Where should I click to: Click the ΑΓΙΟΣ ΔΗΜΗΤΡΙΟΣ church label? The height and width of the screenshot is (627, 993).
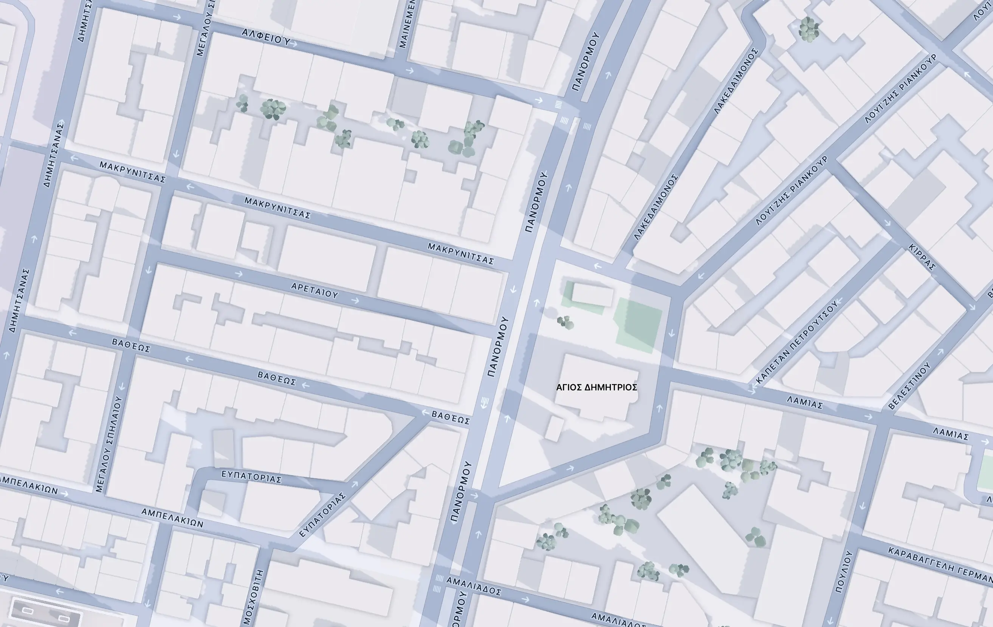pos(596,387)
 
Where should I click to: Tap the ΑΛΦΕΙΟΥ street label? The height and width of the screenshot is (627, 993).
pos(266,37)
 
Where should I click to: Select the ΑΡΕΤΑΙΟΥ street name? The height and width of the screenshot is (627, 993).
pos(314,291)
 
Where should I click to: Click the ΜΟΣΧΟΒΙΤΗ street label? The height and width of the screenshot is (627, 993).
pos(253,596)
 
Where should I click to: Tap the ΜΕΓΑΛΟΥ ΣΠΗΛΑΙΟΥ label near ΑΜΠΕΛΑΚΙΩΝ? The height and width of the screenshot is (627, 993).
pos(108,444)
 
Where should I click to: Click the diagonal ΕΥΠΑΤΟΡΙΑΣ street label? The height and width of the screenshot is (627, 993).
pos(322,515)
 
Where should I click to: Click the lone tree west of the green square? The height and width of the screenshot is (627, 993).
pos(565,322)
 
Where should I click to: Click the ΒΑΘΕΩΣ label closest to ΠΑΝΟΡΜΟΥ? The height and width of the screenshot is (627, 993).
pos(450,418)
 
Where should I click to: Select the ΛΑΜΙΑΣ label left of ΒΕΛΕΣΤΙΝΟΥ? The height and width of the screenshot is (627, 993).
pos(804,402)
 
